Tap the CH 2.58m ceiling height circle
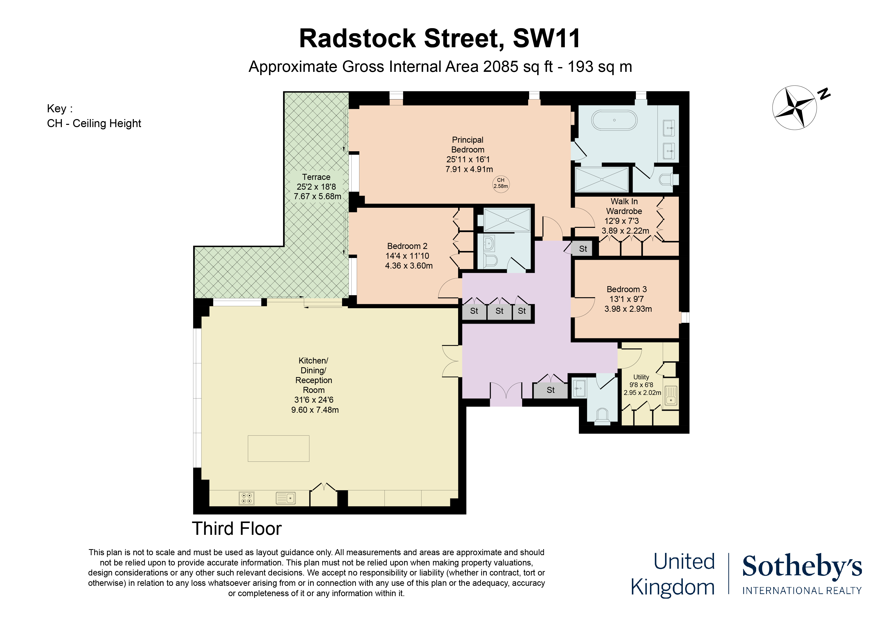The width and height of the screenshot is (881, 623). point(501,183)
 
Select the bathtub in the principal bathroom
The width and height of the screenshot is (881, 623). point(614,120)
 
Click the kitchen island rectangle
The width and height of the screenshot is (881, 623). point(278,448)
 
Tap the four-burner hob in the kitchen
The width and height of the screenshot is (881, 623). point(246,498)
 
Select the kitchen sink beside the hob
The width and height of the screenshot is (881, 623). point(286,498)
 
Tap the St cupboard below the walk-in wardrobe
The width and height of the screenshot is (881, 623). point(583,249)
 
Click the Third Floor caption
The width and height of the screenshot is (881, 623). point(237,529)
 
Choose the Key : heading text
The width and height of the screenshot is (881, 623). point(60,109)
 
